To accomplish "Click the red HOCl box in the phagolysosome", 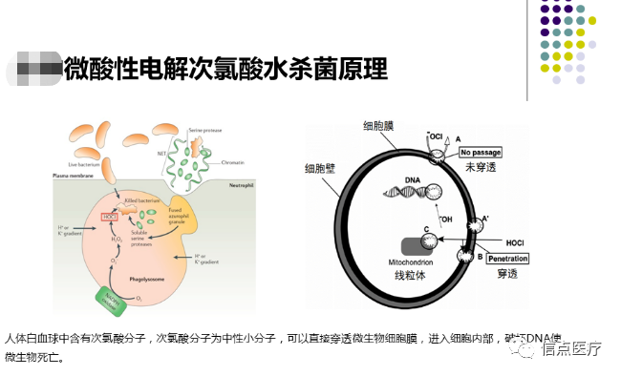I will pyautogui.click(x=110, y=217).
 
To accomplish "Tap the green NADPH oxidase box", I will pyautogui.click(x=116, y=297).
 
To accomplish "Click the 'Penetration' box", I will pyautogui.click(x=507, y=258).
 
